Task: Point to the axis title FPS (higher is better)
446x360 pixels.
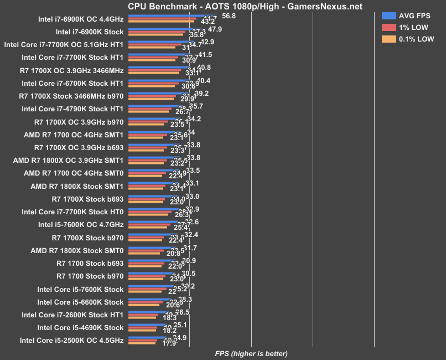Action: click(x=251, y=353)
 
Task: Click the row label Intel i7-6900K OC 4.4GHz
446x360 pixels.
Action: click(x=81, y=19)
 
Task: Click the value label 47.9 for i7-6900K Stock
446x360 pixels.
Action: click(x=216, y=29)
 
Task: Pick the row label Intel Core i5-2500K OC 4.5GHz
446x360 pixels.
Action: click(x=71, y=340)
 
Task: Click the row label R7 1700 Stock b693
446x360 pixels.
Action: click(x=90, y=263)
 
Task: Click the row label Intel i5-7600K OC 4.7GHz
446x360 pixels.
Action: click(x=81, y=224)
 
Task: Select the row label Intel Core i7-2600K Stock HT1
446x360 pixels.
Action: click(x=72, y=315)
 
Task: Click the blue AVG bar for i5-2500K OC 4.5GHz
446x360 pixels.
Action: click(x=146, y=337)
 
